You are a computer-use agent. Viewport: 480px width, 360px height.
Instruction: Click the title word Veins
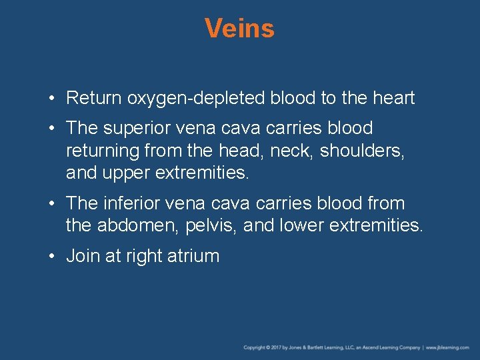tap(239, 29)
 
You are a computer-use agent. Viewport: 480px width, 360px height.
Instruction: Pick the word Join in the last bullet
tap(83, 256)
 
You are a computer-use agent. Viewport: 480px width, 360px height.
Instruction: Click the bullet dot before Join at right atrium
tap(53, 257)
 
